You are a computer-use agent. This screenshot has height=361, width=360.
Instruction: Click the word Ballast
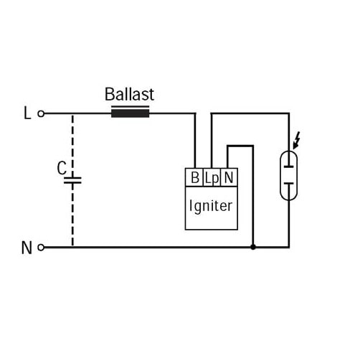(129, 94)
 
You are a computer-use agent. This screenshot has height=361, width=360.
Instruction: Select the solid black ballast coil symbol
(131, 113)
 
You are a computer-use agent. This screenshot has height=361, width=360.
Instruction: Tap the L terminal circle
(41, 113)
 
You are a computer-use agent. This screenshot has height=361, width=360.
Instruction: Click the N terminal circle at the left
(41, 248)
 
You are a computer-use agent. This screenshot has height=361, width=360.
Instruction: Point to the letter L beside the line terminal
(27, 113)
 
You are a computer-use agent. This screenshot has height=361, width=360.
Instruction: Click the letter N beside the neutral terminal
(27, 248)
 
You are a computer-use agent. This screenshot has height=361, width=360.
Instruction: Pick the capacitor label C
(62, 168)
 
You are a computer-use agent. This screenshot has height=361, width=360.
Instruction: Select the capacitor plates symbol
(72, 180)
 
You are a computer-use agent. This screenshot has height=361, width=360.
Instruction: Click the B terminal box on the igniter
(194, 177)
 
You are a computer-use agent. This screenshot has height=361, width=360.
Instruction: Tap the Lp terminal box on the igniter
(212, 177)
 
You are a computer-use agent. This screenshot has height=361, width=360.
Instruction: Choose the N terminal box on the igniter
(229, 177)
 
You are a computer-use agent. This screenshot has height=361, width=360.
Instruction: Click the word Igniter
(211, 206)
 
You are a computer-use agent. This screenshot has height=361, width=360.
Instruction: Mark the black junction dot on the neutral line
(253, 247)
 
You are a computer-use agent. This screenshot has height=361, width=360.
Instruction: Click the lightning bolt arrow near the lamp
(296, 140)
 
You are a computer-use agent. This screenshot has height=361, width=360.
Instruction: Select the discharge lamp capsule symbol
(289, 175)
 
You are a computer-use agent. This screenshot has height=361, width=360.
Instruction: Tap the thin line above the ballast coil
(131, 106)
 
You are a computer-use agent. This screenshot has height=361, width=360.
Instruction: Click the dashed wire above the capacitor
(72, 146)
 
